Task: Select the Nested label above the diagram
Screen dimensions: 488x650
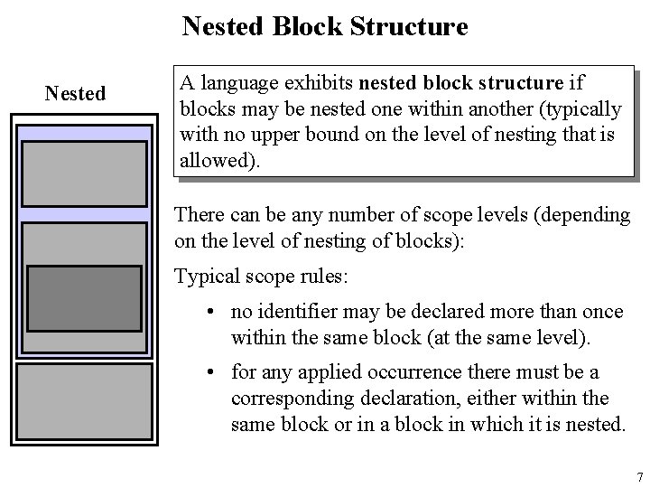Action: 75,92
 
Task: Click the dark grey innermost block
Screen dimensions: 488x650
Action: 84,299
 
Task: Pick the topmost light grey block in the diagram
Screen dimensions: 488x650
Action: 84,174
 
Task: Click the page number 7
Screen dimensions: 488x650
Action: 639,477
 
